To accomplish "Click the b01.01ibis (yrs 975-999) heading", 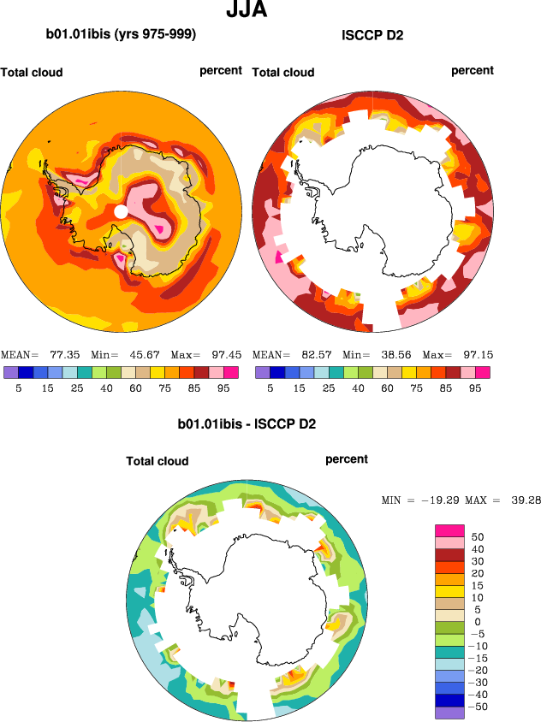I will pos(121,35).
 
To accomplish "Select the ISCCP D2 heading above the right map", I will pos(372,35).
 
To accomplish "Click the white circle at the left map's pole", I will pos(122,210).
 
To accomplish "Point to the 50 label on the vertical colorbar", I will pos(478,536).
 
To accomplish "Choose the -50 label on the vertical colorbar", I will pos(480,707).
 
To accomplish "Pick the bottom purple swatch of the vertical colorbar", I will pos(450,713).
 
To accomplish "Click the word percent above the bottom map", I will pos(347,459).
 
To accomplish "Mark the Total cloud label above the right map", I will pos(283,73).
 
